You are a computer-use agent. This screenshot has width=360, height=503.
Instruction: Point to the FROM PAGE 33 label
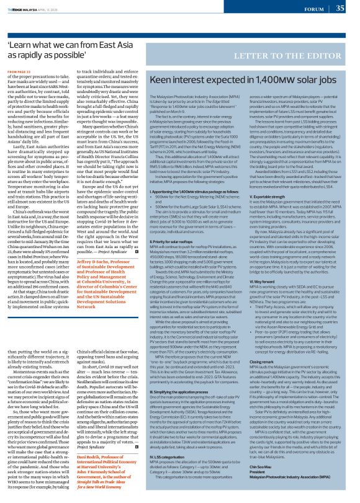[18, 71]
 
